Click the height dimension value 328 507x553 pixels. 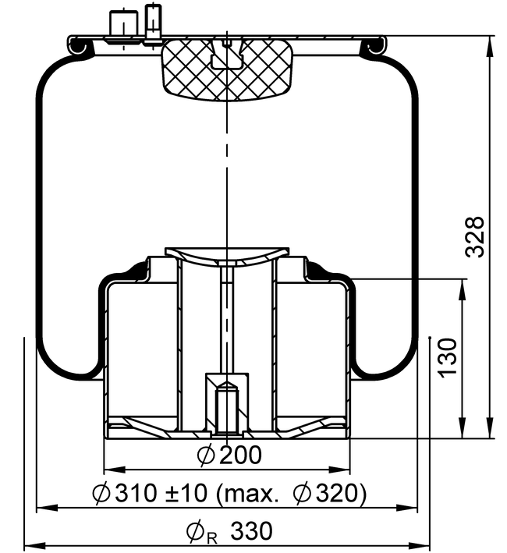click(475, 236)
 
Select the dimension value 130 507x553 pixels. click(447, 358)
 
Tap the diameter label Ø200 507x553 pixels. click(229, 455)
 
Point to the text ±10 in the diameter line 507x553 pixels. click(186, 493)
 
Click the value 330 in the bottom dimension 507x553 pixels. click(251, 531)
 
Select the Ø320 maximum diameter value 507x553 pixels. click(326, 493)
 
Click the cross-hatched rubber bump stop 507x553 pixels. click(228, 69)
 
